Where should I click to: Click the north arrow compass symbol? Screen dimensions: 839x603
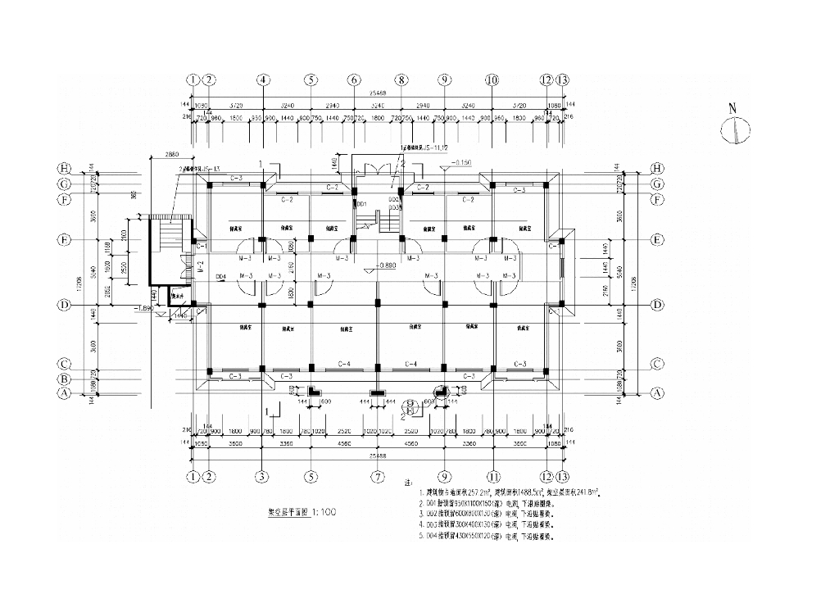point(736,129)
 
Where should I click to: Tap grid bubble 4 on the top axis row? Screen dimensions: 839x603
point(263,80)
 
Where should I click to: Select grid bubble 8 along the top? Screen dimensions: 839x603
point(401,80)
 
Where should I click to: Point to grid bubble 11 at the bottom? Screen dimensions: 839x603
point(493,476)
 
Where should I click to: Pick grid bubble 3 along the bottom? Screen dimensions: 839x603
point(261,476)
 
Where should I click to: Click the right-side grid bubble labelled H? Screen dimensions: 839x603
point(655,169)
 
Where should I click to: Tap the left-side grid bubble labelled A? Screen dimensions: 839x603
point(62,393)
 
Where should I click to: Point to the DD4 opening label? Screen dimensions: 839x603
point(220,277)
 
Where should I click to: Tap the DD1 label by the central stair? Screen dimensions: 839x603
point(359,202)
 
